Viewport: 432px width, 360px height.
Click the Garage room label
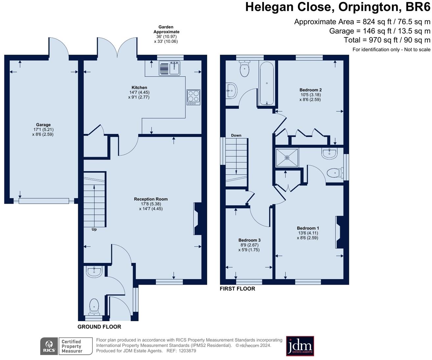tap(43, 125)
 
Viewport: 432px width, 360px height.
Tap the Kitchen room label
tap(139, 88)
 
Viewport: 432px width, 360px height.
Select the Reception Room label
tap(151, 199)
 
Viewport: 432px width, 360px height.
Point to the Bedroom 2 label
tap(310, 90)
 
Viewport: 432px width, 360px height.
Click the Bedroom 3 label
tap(249, 240)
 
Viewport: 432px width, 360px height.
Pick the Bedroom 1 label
tap(308, 228)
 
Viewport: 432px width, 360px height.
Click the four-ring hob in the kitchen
tap(193, 97)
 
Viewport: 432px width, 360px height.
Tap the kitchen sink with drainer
tap(169, 68)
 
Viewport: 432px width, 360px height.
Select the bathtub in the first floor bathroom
tap(266, 84)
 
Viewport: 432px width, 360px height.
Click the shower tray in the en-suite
tap(287, 158)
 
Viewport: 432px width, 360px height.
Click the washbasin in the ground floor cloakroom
tap(94, 271)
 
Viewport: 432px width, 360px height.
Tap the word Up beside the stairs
tap(94, 229)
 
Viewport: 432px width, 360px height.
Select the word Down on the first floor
tap(236, 135)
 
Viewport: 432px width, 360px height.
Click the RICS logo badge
tap(49, 346)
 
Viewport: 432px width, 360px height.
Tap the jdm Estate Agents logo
tap(300, 346)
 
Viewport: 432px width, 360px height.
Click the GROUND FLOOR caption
tap(99, 327)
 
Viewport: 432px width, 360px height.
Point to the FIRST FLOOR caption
tap(237, 289)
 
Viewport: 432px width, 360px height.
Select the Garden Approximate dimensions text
tap(166, 34)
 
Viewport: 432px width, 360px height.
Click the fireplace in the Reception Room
tap(198, 219)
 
